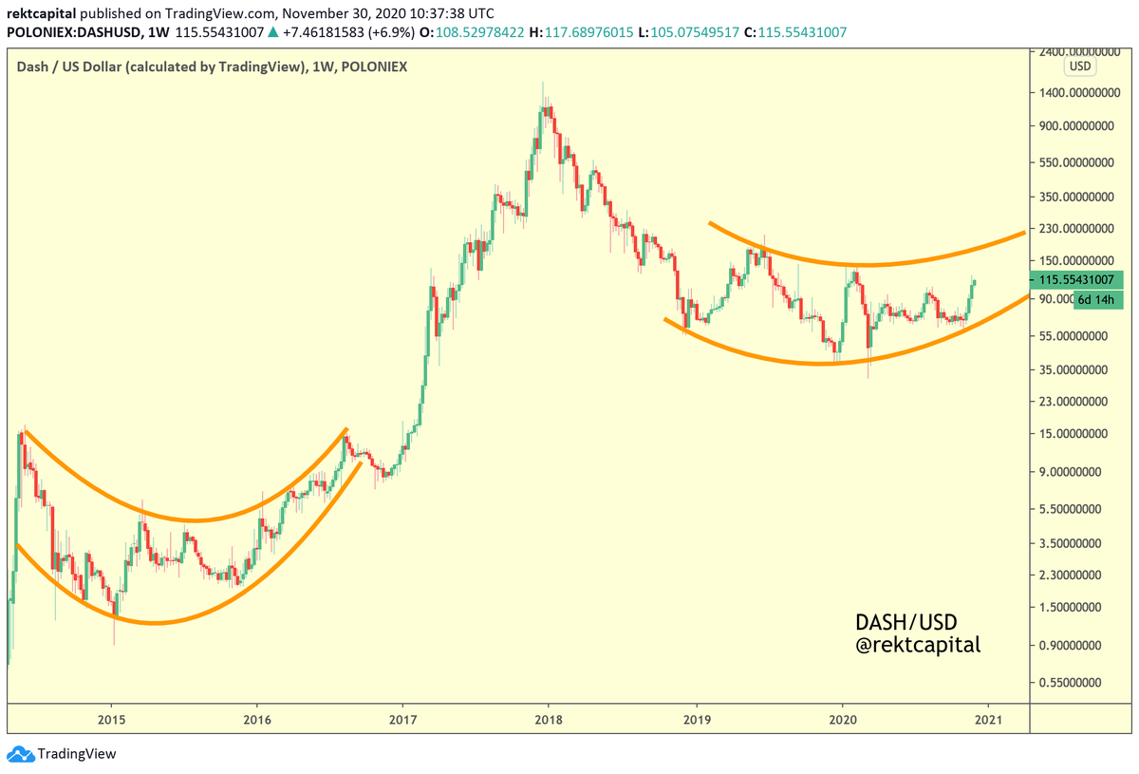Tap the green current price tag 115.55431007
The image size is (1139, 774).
(x=1075, y=281)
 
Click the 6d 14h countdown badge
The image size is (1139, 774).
(x=1097, y=300)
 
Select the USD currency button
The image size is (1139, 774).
(x=1079, y=66)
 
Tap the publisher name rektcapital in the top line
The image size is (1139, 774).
(x=45, y=13)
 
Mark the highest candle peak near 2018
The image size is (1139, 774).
(x=543, y=83)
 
